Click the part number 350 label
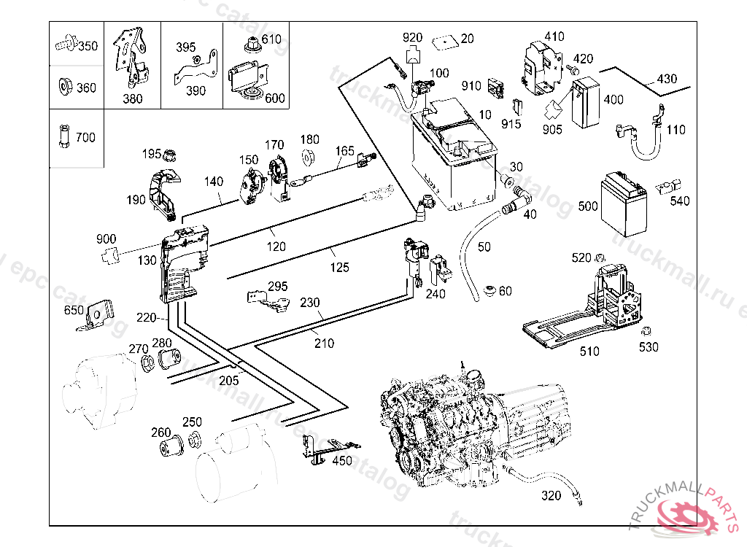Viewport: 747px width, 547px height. pyautogui.click(x=88, y=46)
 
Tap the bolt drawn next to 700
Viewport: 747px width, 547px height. pyautogui.click(x=63, y=136)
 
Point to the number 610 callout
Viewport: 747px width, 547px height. pyautogui.click(x=271, y=39)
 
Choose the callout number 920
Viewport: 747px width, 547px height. pyautogui.click(x=412, y=37)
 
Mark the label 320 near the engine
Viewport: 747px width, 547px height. pyautogui.click(x=551, y=496)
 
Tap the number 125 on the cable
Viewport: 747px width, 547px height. pyautogui.click(x=339, y=268)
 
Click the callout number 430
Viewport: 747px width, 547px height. pyautogui.click(x=667, y=79)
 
